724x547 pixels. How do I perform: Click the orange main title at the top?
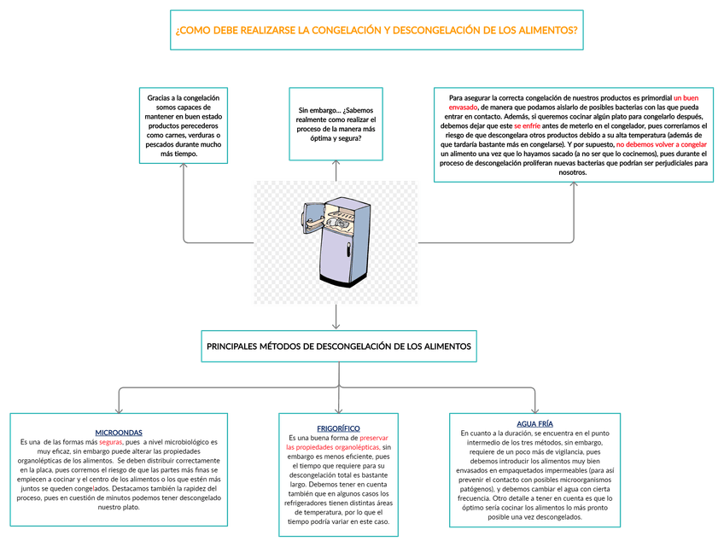[376, 31]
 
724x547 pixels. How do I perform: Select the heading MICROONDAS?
[119, 433]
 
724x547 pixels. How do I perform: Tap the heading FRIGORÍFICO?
[338, 428]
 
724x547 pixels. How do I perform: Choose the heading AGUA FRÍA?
[534, 424]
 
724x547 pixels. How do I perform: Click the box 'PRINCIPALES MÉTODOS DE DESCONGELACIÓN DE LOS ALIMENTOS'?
[338, 346]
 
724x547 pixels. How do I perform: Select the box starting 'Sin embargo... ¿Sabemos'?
[336, 124]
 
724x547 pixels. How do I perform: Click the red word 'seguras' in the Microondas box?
[111, 443]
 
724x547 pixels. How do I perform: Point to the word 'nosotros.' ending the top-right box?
[572, 172]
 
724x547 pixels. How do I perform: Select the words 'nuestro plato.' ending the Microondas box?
[119, 507]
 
